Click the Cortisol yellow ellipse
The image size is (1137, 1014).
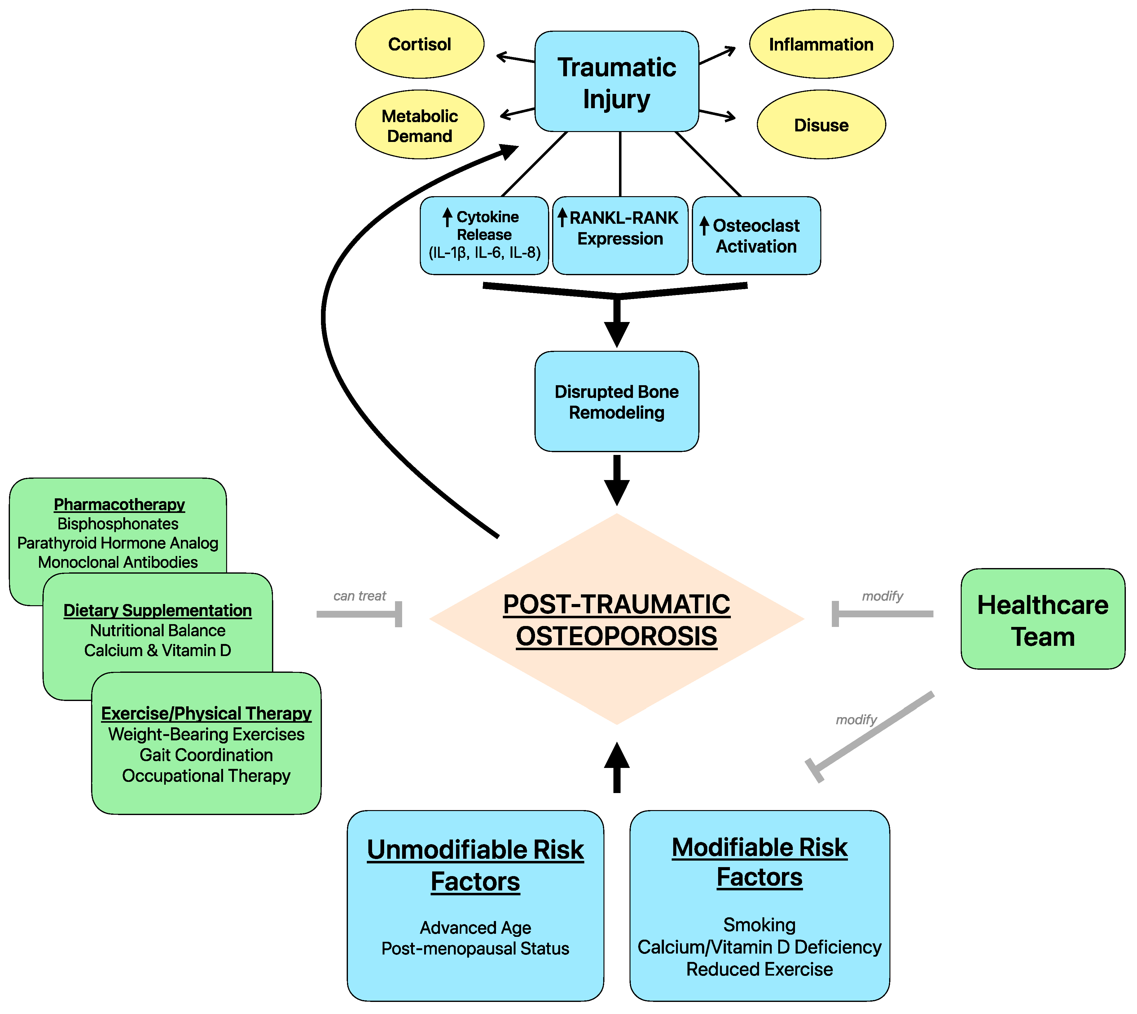pos(419,44)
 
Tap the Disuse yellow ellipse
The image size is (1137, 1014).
pos(821,125)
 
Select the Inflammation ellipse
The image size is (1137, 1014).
pos(821,44)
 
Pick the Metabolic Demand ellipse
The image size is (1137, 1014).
pos(419,126)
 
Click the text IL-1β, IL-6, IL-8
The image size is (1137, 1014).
pos(484,253)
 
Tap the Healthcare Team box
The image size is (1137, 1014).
pos(1042,619)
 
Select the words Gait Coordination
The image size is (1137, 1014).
pos(206,755)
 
